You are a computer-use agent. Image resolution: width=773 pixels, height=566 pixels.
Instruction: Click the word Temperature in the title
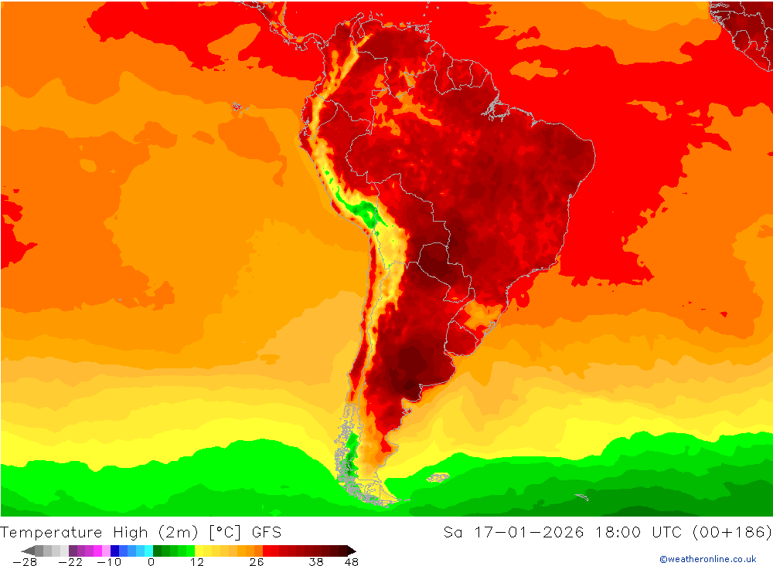(x=52, y=532)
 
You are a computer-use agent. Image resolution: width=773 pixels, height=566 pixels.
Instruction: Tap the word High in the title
(x=129, y=532)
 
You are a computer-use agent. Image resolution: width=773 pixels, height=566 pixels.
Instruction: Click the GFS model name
(x=266, y=532)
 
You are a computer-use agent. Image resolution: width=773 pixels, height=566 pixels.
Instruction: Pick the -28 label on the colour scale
(x=25, y=562)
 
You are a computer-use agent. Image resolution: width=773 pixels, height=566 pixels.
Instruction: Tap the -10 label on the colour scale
(x=108, y=562)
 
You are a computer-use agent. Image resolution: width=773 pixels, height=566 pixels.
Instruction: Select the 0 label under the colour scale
(x=151, y=562)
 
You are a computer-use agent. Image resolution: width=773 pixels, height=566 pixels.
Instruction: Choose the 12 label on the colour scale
(x=197, y=562)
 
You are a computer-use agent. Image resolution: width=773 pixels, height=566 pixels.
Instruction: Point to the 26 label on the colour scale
(x=256, y=562)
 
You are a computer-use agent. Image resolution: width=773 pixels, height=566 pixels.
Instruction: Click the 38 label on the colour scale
(x=316, y=562)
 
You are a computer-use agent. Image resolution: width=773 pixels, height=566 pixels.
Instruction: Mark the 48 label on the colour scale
(x=351, y=562)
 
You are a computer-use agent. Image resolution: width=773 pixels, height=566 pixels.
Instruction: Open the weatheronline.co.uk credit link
(x=707, y=559)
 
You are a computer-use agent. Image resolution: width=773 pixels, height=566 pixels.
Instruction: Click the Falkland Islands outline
(x=438, y=477)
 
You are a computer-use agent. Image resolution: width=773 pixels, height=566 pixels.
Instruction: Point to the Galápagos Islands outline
(x=237, y=107)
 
